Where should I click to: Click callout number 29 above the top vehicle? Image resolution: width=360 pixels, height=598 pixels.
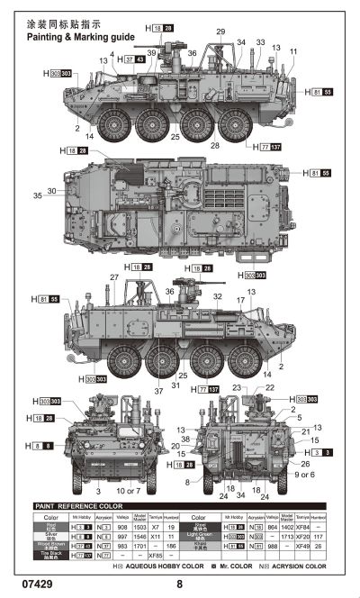coord(221,32)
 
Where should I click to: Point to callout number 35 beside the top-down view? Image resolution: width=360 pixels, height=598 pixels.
coord(38,195)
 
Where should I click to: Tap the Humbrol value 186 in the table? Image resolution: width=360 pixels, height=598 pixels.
coord(171,547)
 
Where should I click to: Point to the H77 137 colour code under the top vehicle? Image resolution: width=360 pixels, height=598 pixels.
coord(267,145)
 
